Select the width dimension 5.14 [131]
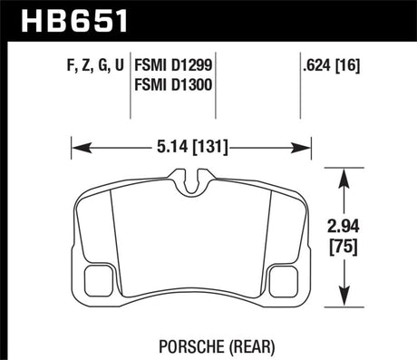tap(191, 143)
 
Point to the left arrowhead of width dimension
tap(77, 143)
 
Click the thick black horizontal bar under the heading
tap(208, 40)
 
